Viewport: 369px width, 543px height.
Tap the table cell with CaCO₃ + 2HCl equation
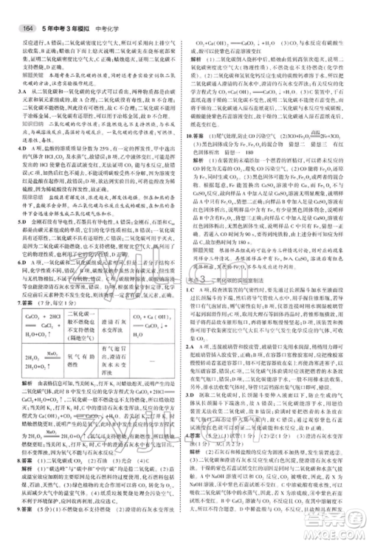pos(39,328)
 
